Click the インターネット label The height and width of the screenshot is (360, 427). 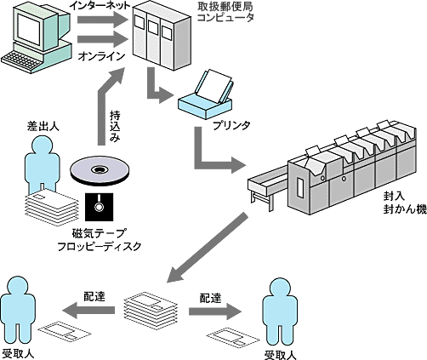100,5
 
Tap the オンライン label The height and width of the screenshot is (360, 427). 101,56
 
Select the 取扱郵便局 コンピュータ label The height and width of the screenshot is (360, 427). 225,12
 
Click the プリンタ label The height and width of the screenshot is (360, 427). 231,125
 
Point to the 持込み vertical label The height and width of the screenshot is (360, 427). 115,126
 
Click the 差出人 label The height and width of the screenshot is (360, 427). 43,126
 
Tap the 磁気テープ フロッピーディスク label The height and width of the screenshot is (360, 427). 99,240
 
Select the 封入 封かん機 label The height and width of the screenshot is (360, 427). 405,203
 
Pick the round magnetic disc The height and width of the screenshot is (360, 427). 100,171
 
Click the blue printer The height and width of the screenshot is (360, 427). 206,95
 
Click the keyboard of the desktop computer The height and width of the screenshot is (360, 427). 22,59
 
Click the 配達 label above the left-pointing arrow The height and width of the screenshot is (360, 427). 94,296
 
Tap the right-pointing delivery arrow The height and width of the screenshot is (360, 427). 215,311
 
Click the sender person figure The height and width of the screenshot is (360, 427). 43,164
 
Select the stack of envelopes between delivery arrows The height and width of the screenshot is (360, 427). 151,309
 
